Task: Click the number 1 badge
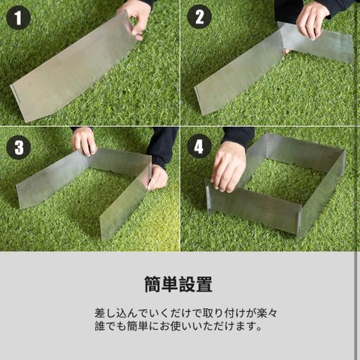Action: (x=18, y=17)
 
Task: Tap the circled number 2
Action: (x=199, y=17)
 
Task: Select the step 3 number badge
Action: (x=18, y=146)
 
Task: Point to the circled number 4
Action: (x=199, y=146)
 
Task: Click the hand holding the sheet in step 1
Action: (x=137, y=16)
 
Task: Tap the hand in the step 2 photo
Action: (x=313, y=19)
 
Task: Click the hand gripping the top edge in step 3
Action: (x=84, y=140)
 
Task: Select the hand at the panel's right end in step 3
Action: (x=158, y=176)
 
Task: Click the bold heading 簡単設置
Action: (x=179, y=284)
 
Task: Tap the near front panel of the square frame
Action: (x=253, y=209)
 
